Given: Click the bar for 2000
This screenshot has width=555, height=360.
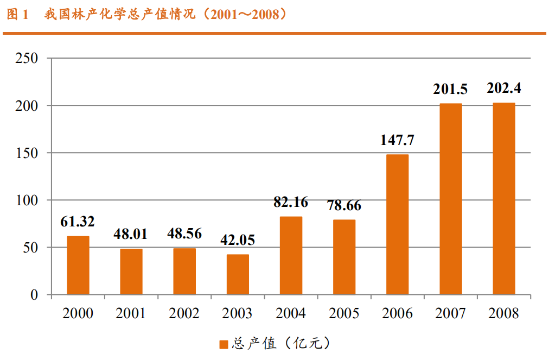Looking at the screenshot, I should (78, 266).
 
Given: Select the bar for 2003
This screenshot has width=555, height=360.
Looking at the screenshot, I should (238, 275).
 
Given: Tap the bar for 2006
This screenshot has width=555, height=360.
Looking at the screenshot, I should (397, 225).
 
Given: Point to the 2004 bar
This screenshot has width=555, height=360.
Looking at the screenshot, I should (291, 256).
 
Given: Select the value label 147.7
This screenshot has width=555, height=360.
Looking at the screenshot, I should (397, 140).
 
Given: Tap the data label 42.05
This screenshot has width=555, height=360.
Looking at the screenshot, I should (238, 240).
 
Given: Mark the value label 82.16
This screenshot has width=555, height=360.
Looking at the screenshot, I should (291, 203).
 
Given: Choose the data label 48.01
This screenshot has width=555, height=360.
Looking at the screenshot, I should (131, 235).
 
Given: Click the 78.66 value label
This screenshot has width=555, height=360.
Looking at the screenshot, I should (343, 206).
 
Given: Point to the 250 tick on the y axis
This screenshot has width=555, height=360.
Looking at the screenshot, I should (27, 58).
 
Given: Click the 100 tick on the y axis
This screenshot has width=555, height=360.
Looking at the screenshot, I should (27, 200).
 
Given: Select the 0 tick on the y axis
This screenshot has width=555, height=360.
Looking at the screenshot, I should (34, 295).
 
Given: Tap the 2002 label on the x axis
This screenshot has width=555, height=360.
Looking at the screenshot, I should (184, 314).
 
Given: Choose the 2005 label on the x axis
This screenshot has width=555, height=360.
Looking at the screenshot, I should (343, 314).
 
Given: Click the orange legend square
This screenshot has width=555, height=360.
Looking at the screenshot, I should (224, 344).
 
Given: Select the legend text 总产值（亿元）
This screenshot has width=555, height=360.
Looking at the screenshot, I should (280, 344).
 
